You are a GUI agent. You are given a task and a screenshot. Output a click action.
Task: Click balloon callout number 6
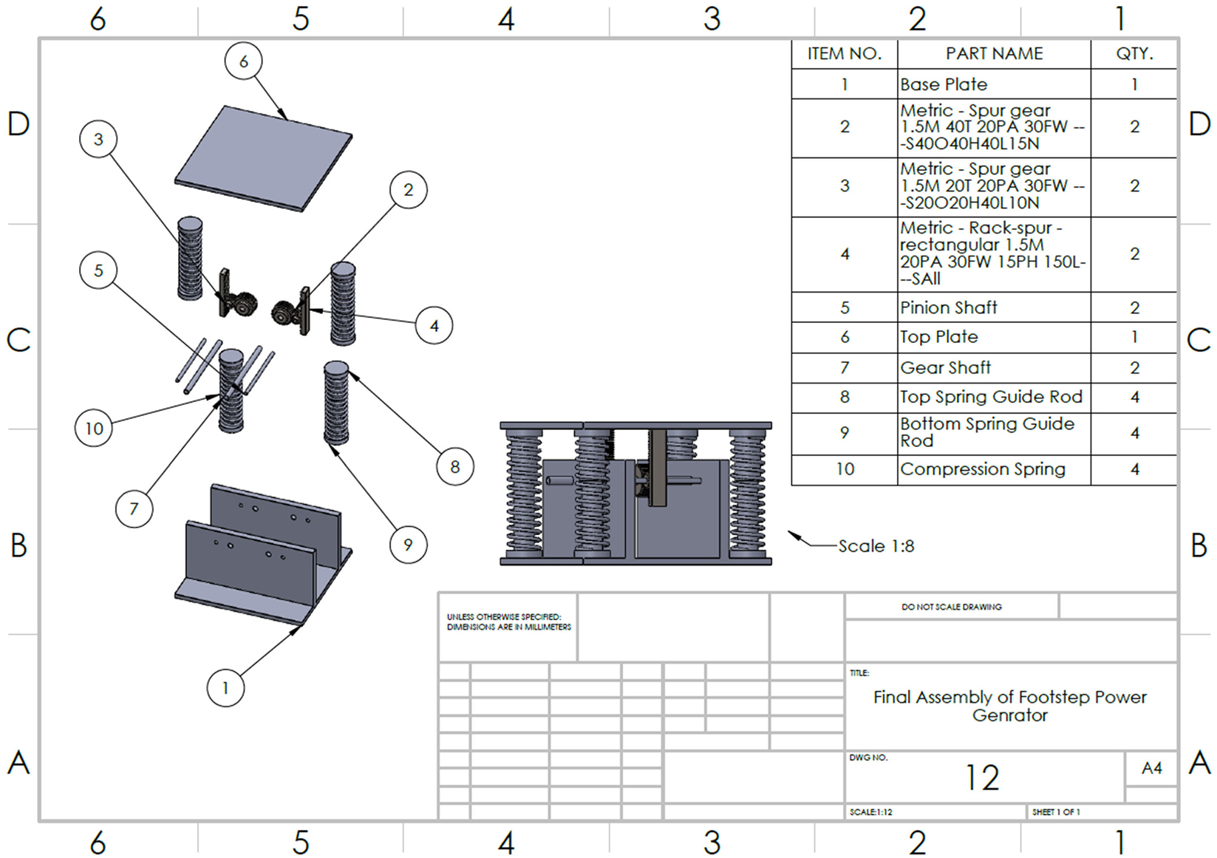tap(244, 61)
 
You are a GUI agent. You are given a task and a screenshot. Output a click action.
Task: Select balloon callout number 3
tap(98, 139)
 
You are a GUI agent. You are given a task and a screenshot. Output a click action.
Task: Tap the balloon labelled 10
tap(94, 428)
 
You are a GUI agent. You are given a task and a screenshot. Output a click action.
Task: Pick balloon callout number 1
tap(225, 688)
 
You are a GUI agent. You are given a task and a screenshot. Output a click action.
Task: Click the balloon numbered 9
tap(408, 545)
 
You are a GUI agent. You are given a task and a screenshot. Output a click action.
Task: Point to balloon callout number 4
tap(434, 325)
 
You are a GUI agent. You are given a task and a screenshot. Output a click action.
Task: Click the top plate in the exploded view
tap(264, 158)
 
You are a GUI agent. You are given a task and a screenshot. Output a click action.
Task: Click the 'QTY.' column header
tap(1134, 54)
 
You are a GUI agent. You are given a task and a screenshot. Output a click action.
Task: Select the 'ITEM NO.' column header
tap(844, 54)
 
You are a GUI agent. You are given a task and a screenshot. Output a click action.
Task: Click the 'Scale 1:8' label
tap(876, 546)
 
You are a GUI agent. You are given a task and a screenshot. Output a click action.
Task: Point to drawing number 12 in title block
tap(982, 777)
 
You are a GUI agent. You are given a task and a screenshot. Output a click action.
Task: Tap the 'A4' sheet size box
tap(1151, 769)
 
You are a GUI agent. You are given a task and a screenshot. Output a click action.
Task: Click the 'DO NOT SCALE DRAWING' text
tap(951, 607)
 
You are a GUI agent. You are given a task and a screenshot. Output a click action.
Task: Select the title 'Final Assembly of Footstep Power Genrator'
tap(1009, 706)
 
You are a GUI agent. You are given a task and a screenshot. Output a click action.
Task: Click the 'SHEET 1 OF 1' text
tap(1056, 812)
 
